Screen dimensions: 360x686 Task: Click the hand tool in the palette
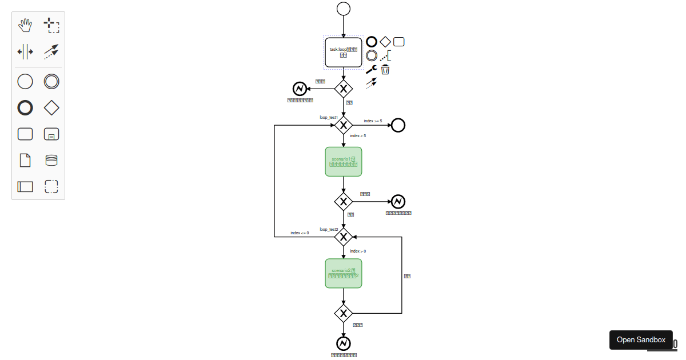coord(25,25)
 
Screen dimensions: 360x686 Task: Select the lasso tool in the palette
coord(51,25)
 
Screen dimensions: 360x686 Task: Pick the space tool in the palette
coord(25,51)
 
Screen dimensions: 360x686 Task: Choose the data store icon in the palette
coord(51,160)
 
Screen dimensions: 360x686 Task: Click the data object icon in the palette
coord(25,160)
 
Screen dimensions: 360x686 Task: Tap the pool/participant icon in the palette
coord(25,186)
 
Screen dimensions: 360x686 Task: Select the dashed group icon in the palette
coord(51,186)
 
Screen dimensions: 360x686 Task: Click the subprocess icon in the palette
coord(51,134)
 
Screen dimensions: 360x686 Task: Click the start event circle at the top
coord(344,9)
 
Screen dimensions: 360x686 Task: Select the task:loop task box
coord(344,53)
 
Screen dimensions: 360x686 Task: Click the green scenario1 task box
coord(344,162)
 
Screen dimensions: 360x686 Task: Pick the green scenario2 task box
coord(344,273)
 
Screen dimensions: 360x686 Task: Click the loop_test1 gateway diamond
coord(344,125)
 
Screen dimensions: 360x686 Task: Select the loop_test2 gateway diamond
coord(344,237)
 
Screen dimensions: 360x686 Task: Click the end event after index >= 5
coord(398,125)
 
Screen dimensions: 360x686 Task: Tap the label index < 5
coord(358,136)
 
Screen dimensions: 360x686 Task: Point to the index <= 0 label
coord(300,233)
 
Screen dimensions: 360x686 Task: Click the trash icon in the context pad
coord(385,70)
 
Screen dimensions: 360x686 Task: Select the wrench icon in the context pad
coord(371,70)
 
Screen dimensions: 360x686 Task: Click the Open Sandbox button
coord(641,339)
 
